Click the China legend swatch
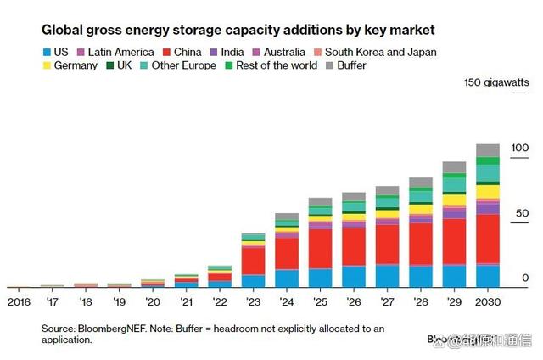coord(168,53)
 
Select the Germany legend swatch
coord(48,66)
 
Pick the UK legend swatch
coord(111,66)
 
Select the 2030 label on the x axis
coord(487,301)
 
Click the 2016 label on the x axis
coord(20,301)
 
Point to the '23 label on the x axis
coord(253,301)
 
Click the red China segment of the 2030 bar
coord(487,239)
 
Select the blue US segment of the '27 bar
coord(387,277)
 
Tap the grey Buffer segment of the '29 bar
coord(454,167)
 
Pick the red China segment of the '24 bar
coord(287,253)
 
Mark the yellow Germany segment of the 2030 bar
coord(487,192)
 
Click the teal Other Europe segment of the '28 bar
coord(421,196)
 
